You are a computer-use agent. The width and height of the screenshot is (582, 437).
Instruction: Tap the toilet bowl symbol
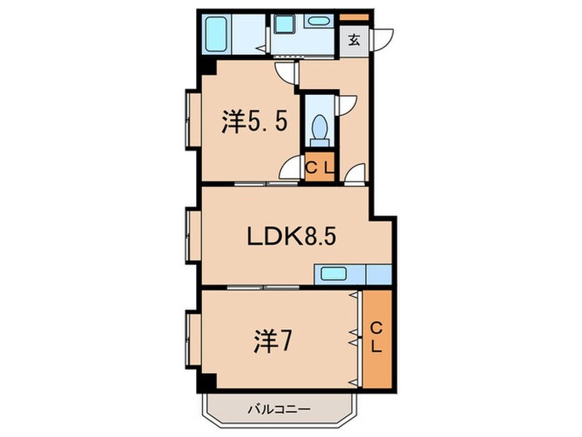pyautogui.click(x=317, y=129)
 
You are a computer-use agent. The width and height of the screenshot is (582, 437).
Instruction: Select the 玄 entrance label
pyautogui.click(x=353, y=39)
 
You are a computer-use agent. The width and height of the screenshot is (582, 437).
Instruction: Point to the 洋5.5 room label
pyautogui.click(x=255, y=122)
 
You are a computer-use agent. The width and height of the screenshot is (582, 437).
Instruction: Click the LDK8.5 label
pyautogui.click(x=291, y=237)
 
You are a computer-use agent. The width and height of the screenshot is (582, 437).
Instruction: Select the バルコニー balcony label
pyautogui.click(x=278, y=410)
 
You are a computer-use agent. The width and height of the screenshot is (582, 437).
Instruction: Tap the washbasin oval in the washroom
pyautogui.click(x=317, y=22)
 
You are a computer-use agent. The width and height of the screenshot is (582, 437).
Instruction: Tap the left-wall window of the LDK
pyautogui.click(x=191, y=237)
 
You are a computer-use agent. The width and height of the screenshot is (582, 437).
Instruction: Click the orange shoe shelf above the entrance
pyautogui.click(x=353, y=17)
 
